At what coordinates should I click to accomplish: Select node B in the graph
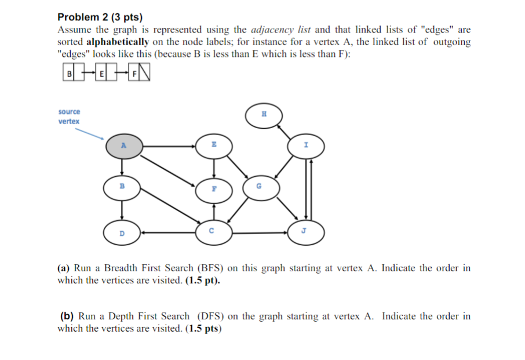pyautogui.click(x=122, y=187)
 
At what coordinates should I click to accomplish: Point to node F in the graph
pyautogui.click(x=214, y=189)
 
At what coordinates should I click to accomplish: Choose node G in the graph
pyautogui.click(x=258, y=187)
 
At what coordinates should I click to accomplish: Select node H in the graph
pyautogui.click(x=264, y=115)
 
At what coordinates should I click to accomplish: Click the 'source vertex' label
pyautogui.click(x=69, y=116)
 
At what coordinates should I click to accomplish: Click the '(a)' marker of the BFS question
pyautogui.click(x=64, y=268)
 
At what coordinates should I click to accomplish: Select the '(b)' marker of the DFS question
pyautogui.click(x=67, y=316)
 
